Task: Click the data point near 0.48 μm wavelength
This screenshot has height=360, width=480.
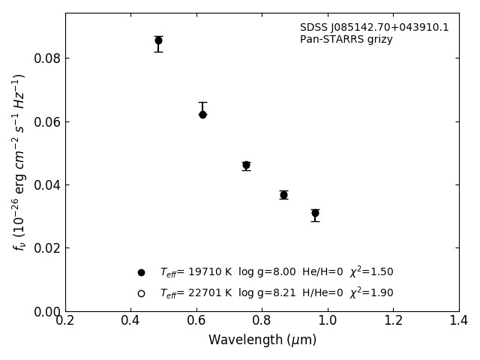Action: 158,40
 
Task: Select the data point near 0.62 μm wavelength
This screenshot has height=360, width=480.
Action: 202,114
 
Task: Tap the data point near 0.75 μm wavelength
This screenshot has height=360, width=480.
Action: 246,165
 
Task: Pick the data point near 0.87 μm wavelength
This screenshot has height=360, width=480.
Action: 283,195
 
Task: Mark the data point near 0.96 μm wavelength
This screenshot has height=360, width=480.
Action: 315,213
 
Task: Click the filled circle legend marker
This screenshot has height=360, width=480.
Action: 141,272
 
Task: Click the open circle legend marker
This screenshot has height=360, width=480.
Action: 141,293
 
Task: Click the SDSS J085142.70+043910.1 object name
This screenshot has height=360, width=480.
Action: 374,28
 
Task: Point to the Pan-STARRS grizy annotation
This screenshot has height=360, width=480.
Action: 346,40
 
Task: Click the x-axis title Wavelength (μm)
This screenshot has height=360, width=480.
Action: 262,340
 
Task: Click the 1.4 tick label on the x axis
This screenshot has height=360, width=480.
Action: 458,320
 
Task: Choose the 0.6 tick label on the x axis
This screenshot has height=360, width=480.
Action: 196,320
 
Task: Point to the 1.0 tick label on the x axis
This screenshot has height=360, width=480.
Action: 328,320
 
